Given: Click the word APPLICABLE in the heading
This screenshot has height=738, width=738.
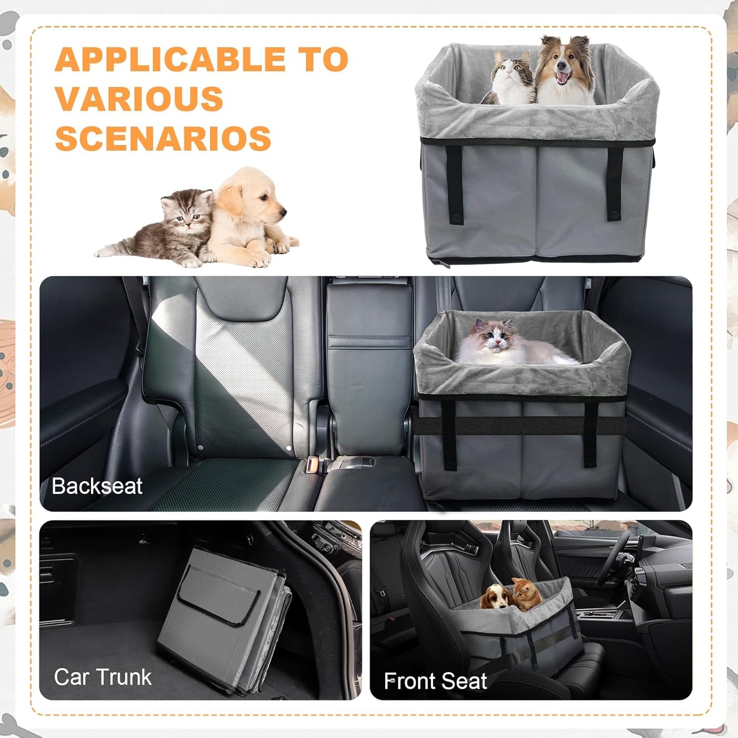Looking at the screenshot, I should click(x=170, y=60).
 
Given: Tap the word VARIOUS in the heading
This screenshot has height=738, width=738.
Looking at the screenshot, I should click(x=139, y=99).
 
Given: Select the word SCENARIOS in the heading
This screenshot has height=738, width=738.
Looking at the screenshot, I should click(x=163, y=138).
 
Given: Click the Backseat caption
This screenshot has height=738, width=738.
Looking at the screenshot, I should click(x=97, y=486).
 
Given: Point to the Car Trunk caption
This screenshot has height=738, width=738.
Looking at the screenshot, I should click(x=103, y=677).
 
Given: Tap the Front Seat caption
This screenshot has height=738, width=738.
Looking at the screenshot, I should click(x=435, y=681).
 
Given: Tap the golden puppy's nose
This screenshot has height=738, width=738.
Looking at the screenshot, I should click(x=282, y=210).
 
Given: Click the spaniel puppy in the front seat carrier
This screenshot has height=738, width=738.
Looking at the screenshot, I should click(x=497, y=597).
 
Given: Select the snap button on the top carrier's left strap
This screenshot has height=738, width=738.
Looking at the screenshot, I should click(x=456, y=219).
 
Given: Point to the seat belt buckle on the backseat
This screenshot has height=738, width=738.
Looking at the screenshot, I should click(x=312, y=465).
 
